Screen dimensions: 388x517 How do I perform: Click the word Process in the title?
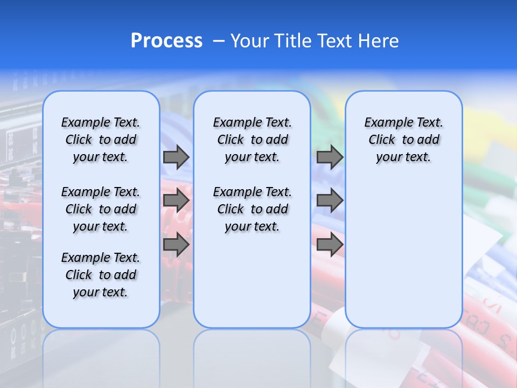coord(166,41)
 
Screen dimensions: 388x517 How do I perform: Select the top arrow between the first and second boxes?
coord(176,157)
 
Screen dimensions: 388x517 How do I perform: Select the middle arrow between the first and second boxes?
coord(176,201)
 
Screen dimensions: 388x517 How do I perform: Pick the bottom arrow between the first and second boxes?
coord(176,245)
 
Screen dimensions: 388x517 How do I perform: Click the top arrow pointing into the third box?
coord(330,157)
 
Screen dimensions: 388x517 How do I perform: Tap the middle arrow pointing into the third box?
coord(330,201)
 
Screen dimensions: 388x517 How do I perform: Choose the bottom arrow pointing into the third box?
coord(330,245)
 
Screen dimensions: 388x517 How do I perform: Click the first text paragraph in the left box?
coord(101,140)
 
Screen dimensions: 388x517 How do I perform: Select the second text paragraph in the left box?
coord(101,209)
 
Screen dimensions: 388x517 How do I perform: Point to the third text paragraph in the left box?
coord(101,275)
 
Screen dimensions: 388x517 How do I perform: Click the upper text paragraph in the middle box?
coord(252,140)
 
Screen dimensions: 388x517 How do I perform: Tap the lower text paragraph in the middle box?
coord(252,209)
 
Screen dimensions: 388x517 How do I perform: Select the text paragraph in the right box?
coord(404,140)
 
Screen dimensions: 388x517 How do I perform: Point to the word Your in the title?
coord(250,41)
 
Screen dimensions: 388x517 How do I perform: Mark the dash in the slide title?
coord(219,41)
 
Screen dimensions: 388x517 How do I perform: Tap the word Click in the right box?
coord(382,140)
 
